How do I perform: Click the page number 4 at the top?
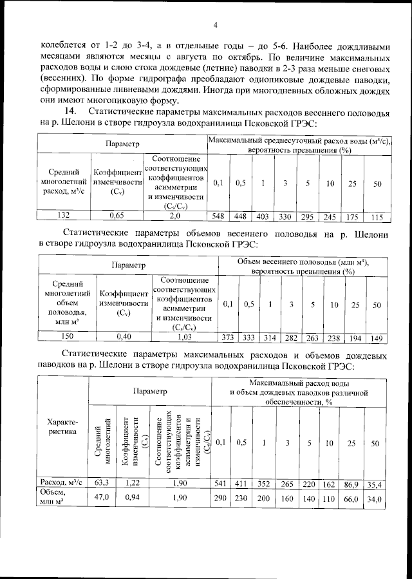[215, 26]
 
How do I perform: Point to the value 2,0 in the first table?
[175, 216]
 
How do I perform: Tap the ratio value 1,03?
[184, 337]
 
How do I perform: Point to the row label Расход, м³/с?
[62, 480]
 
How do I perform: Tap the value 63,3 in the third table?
[102, 480]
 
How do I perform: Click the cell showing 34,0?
[377, 498]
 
